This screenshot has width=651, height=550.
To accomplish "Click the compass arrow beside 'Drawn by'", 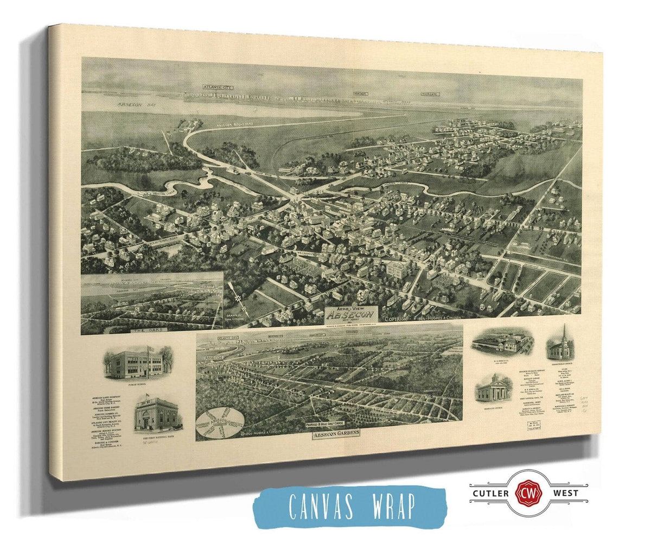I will coord(234,294).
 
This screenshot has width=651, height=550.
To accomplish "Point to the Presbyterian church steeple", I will coord(564,332).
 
